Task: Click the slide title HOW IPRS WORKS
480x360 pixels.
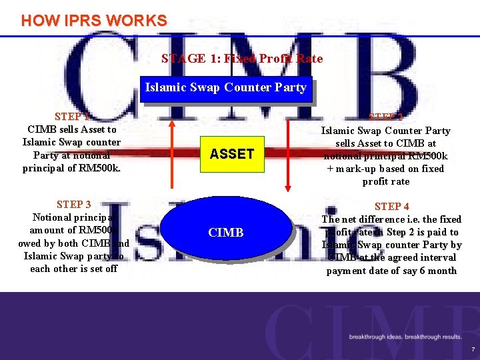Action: pyautogui.click(x=94, y=21)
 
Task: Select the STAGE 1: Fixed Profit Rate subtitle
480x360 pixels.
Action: pyautogui.click(x=242, y=59)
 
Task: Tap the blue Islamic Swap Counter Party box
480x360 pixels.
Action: pyautogui.click(x=225, y=87)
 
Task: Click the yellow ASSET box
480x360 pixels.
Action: pyautogui.click(x=231, y=154)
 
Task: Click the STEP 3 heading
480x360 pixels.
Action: pyautogui.click(x=74, y=205)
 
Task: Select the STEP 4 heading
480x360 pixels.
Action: pyautogui.click(x=392, y=207)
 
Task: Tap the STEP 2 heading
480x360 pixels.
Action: pyautogui.click(x=386, y=117)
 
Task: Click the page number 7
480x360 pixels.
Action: pyautogui.click(x=473, y=349)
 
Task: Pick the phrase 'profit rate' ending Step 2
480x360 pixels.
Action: pyautogui.click(x=386, y=181)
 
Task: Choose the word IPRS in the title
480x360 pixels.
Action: pyautogui.click(x=87, y=21)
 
